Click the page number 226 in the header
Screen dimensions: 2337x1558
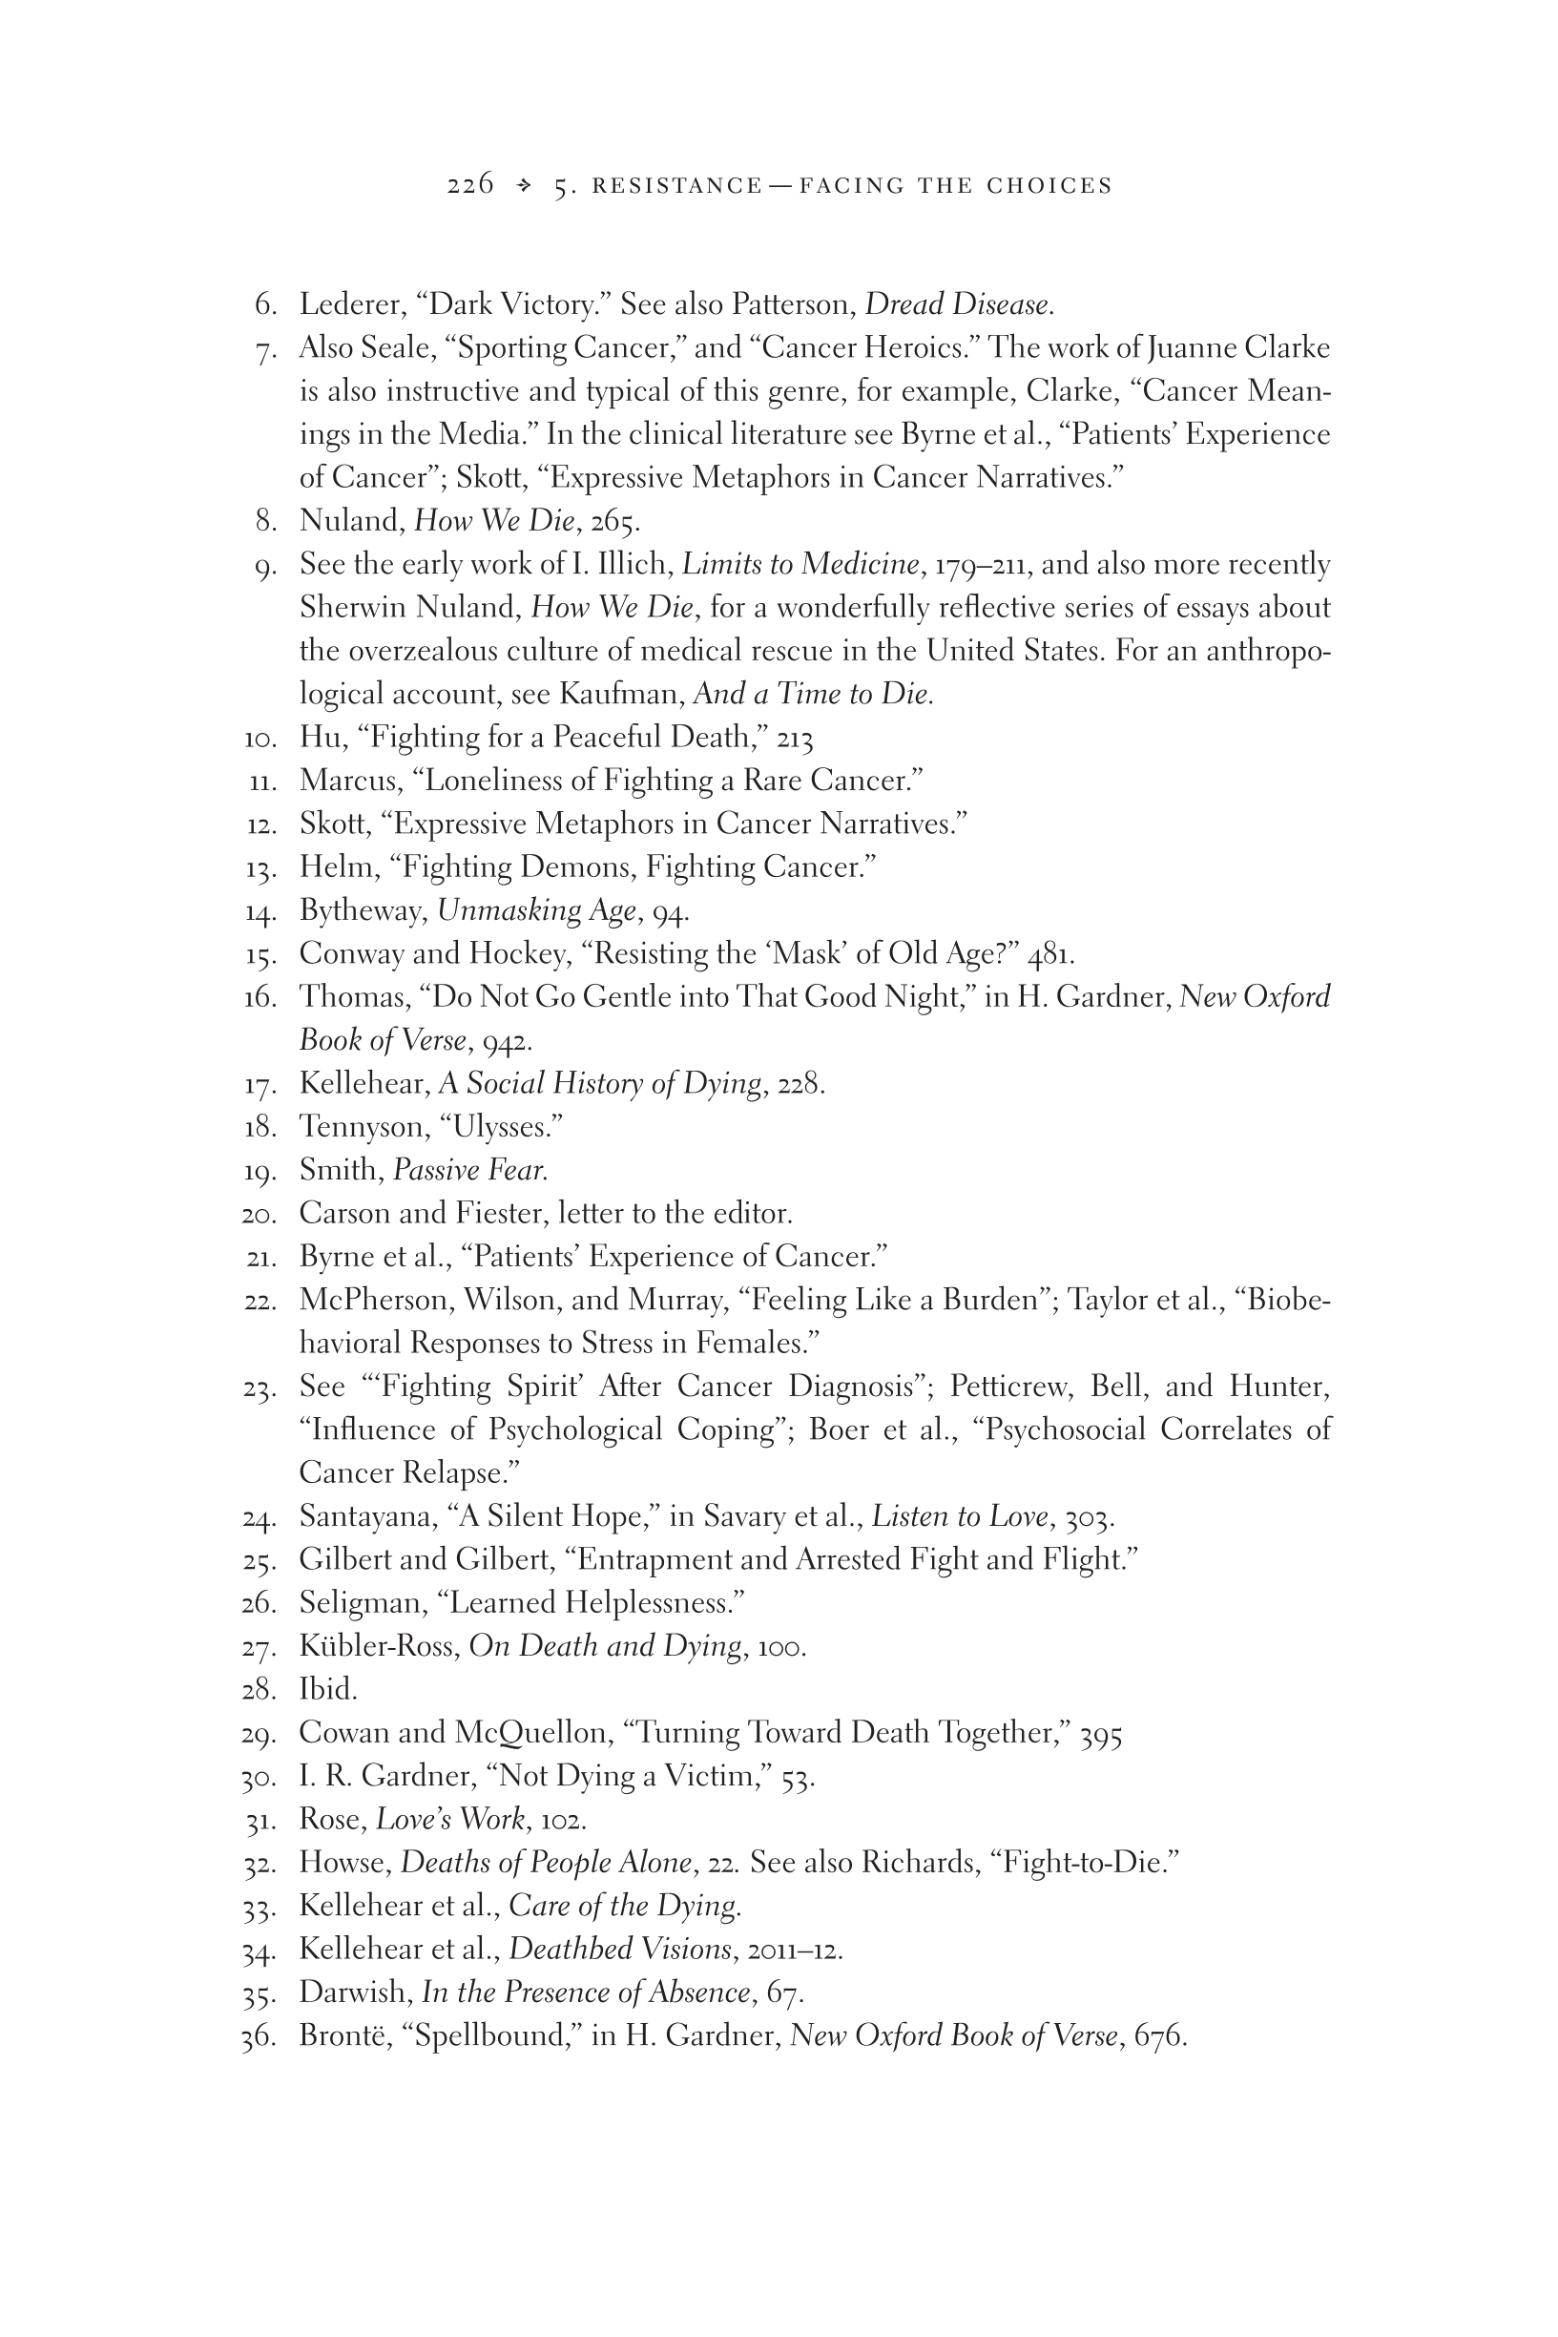470,185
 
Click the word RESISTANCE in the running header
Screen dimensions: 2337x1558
676,186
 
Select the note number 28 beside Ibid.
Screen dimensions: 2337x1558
258,1689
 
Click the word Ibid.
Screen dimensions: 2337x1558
328,1688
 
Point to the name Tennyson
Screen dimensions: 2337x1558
362,1127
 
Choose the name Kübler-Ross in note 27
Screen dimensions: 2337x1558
380,1645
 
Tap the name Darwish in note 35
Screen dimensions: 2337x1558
356,1992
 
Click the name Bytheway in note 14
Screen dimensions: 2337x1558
363,910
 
